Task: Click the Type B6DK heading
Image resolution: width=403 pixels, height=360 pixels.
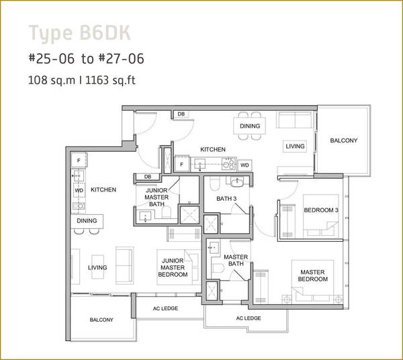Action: [x=79, y=33]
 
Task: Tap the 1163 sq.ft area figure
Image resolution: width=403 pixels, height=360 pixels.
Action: [x=110, y=81]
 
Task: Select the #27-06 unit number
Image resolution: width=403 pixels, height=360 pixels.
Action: [x=122, y=58]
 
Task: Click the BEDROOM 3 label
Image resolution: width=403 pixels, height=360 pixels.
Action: [x=321, y=210]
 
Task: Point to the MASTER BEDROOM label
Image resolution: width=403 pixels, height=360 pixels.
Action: [x=313, y=275]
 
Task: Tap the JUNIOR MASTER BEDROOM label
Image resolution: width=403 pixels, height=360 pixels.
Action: [x=173, y=267]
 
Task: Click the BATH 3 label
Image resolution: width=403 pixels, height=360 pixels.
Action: [x=226, y=199]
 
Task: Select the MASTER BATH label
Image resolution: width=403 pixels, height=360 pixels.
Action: [x=236, y=261]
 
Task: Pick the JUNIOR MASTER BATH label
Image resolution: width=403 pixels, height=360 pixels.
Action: [x=156, y=197]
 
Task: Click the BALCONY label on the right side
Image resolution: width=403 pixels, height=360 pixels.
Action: [x=344, y=140]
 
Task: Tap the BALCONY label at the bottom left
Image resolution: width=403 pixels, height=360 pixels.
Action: [x=101, y=320]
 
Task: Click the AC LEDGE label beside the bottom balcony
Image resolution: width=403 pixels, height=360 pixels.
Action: [x=165, y=308]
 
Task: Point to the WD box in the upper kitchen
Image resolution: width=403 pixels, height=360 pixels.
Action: [x=244, y=165]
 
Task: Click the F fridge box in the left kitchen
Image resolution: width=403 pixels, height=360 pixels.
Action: [x=79, y=161]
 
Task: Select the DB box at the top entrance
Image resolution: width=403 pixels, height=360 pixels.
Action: [x=181, y=114]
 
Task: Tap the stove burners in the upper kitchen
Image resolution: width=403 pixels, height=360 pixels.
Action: [x=229, y=163]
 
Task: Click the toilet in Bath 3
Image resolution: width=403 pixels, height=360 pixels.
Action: [x=214, y=183]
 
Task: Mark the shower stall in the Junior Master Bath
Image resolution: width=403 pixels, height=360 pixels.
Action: [x=189, y=215]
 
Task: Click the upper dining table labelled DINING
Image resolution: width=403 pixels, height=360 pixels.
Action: [x=250, y=126]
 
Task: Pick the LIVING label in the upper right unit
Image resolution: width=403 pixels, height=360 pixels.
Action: [x=295, y=146]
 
